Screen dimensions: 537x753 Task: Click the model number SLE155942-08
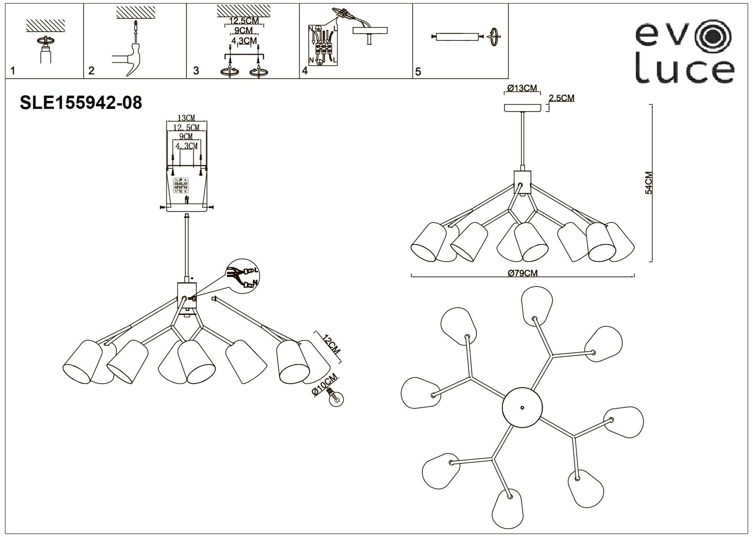(x=81, y=102)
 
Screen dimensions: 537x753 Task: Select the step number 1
(x=13, y=71)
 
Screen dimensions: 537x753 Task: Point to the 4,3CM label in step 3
(x=244, y=41)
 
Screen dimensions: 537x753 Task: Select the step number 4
(x=305, y=71)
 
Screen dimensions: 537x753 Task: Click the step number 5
(x=418, y=72)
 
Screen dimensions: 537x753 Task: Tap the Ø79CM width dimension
(x=523, y=273)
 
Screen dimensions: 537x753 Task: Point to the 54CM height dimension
(x=649, y=183)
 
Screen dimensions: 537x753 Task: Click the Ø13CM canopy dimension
(x=522, y=88)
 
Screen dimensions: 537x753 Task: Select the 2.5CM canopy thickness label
(x=562, y=98)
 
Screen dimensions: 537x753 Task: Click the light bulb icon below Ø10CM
(x=336, y=399)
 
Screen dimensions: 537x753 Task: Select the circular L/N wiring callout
(x=244, y=276)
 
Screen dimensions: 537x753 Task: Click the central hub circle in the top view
(x=522, y=407)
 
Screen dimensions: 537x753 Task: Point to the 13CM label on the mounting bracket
(x=186, y=119)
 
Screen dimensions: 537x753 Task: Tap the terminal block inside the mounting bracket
(x=180, y=186)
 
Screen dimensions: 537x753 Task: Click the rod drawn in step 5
(x=457, y=37)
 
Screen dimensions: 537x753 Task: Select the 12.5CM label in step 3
(x=244, y=21)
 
